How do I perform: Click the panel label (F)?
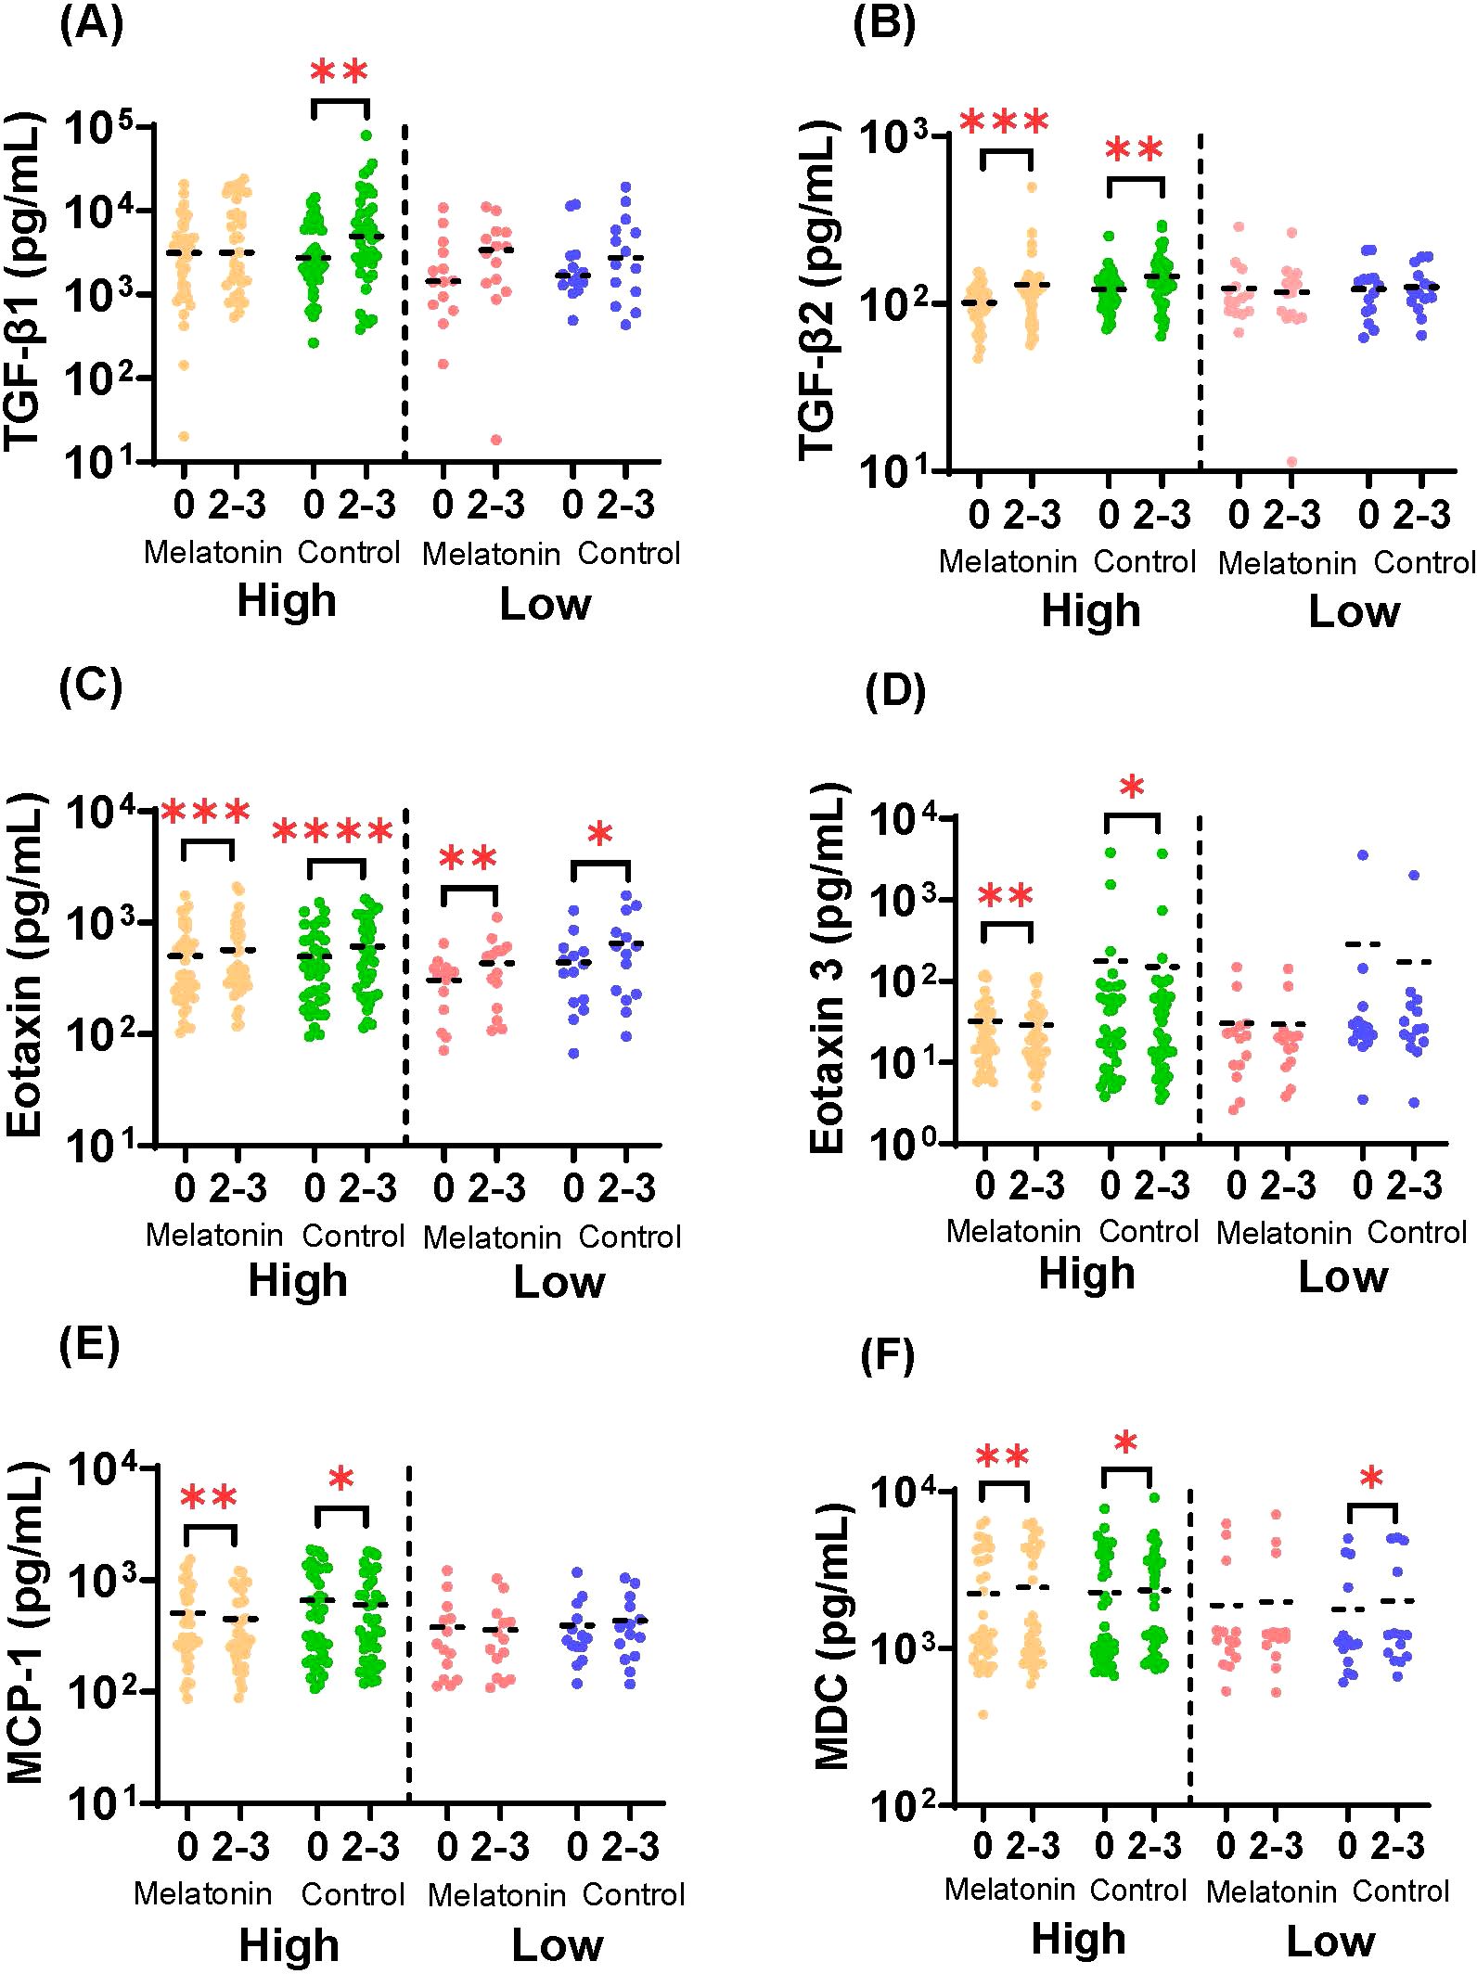point(888,1355)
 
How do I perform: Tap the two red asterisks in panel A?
point(340,73)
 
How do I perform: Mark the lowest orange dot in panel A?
point(184,436)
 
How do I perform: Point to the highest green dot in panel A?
point(366,135)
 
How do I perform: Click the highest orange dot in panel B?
point(1032,186)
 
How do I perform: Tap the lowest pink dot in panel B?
point(1291,461)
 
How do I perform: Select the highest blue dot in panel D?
point(1362,854)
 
